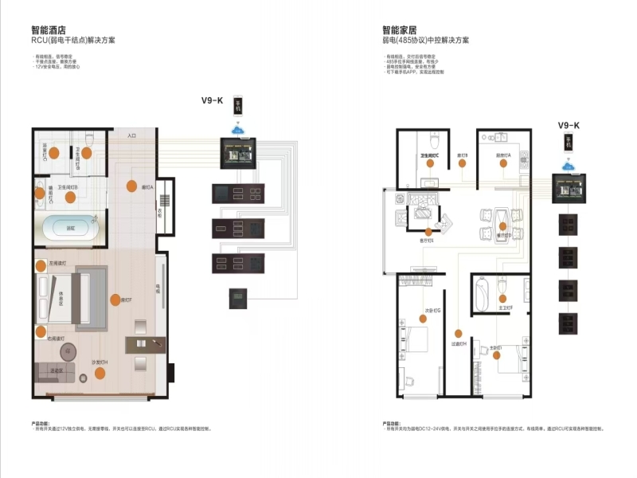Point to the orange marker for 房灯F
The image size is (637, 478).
tap(116, 300)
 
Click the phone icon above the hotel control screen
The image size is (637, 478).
tap(236, 107)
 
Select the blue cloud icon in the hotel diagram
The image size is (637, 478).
tap(236, 128)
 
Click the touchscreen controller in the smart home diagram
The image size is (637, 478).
tap(569, 192)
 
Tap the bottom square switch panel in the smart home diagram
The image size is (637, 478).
tap(569, 326)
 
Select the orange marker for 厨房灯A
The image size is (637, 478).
tap(503, 163)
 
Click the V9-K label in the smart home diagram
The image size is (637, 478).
tap(569, 125)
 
